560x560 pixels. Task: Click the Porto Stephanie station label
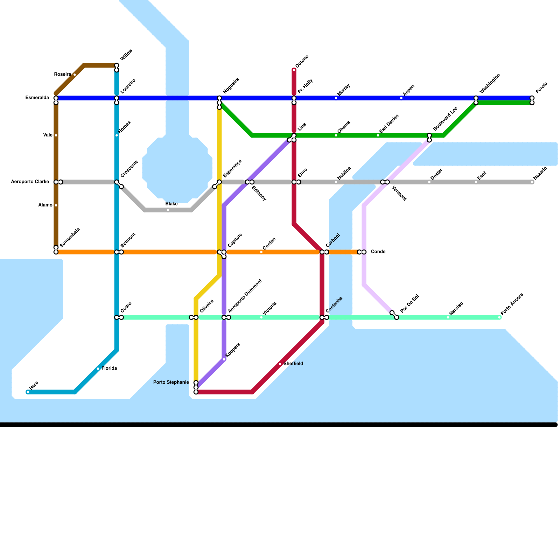pyautogui.click(x=171, y=382)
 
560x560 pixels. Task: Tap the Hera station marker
pyautogui.click(x=28, y=392)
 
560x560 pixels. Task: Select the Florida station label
pyautogui.click(x=109, y=369)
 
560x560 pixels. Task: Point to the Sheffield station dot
pyautogui.click(x=280, y=364)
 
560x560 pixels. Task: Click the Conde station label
pyautogui.click(x=378, y=252)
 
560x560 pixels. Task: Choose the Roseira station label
pyautogui.click(x=63, y=75)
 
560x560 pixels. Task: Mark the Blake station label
pyautogui.click(x=171, y=204)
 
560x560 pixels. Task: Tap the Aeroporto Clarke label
pyautogui.click(x=30, y=182)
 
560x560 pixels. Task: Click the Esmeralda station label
pyautogui.click(x=37, y=98)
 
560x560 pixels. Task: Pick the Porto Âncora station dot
pyautogui.click(x=499, y=317)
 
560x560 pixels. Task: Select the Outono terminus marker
pyautogui.click(x=294, y=70)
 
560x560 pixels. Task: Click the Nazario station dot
pyautogui.click(x=532, y=182)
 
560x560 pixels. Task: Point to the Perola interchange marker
pyautogui.click(x=532, y=100)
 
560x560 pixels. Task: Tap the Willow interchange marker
pyautogui.click(x=117, y=68)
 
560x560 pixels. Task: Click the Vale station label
pyautogui.click(x=48, y=135)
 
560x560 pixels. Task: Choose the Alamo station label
pyautogui.click(x=46, y=205)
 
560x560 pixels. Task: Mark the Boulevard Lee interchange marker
pyautogui.click(x=429, y=138)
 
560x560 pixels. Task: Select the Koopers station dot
pyautogui.click(x=224, y=359)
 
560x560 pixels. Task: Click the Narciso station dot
pyautogui.click(x=448, y=317)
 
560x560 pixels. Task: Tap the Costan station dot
pyautogui.click(x=261, y=252)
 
